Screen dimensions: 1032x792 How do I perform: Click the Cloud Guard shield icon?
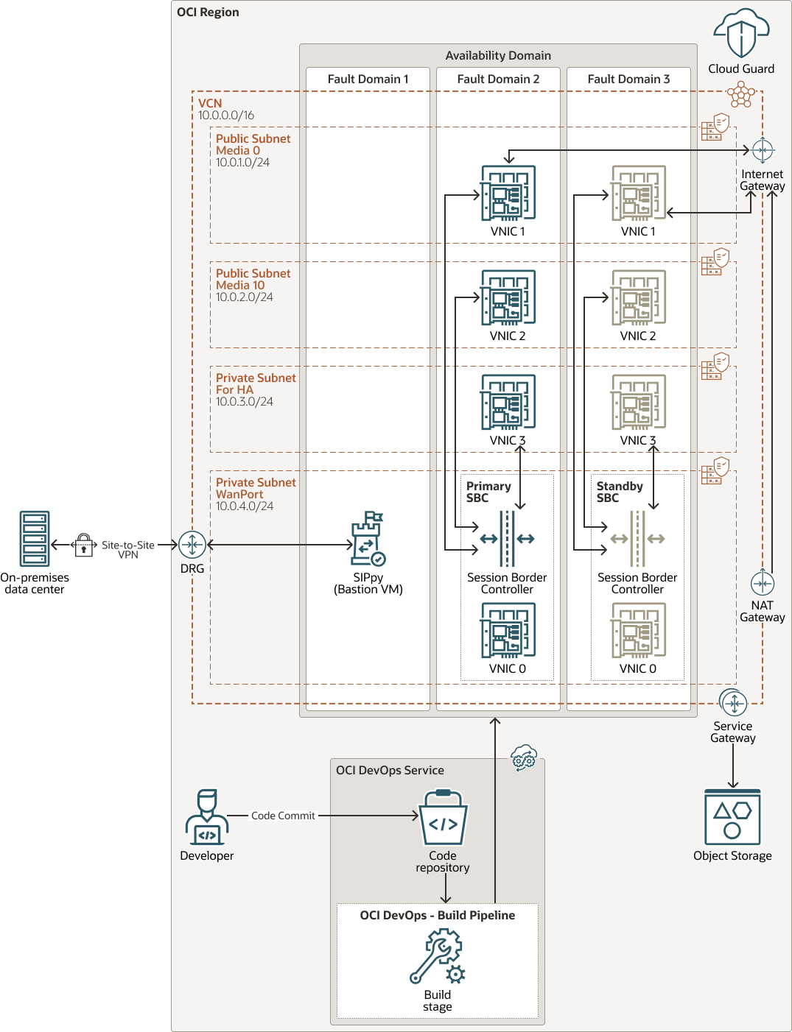[741, 34]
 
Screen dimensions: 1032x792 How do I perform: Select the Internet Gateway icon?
[762, 150]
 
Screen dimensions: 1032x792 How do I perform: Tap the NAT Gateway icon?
[762, 584]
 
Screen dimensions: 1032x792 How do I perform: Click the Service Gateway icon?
[733, 704]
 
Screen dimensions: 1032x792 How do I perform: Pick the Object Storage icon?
[732, 817]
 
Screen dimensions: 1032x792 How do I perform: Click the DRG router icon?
[192, 545]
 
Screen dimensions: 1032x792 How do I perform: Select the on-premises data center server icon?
[35, 539]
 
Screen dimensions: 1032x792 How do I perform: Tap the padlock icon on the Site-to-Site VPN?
[84, 545]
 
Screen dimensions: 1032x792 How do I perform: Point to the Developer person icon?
[207, 817]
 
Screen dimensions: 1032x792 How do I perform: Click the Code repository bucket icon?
[443, 818]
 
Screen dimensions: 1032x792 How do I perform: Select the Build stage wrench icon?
[437, 956]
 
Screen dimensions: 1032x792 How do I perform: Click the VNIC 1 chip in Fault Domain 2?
[508, 194]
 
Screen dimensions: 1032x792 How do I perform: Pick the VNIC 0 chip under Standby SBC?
[638, 631]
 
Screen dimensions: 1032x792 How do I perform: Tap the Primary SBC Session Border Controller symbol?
[507, 539]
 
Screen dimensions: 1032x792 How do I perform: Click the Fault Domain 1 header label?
[368, 79]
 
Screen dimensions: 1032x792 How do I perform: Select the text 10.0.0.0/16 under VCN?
[226, 116]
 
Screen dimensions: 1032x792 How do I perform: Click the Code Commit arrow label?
[283, 816]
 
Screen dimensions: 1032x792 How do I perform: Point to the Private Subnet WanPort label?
[256, 488]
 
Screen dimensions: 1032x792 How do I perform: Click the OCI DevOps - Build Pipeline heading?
[438, 915]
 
